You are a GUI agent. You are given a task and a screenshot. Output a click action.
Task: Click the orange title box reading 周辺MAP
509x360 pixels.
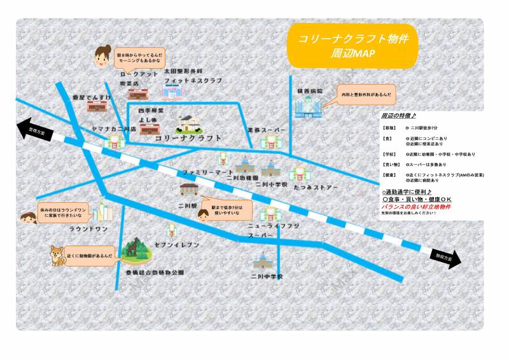352,46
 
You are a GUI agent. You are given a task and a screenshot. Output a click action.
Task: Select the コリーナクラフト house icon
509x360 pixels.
187,123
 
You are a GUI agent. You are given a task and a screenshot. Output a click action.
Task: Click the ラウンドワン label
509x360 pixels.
88,229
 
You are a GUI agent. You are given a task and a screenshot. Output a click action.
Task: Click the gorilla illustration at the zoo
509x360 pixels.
134,250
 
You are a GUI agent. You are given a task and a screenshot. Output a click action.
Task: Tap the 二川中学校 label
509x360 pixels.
266,277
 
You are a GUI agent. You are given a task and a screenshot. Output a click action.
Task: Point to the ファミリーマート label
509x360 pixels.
207,172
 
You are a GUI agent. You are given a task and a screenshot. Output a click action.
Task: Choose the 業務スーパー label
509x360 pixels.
268,130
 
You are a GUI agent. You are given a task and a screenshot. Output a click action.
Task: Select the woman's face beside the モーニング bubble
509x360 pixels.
102,57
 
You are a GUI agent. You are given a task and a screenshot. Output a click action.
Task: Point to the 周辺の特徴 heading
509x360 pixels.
398,116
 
